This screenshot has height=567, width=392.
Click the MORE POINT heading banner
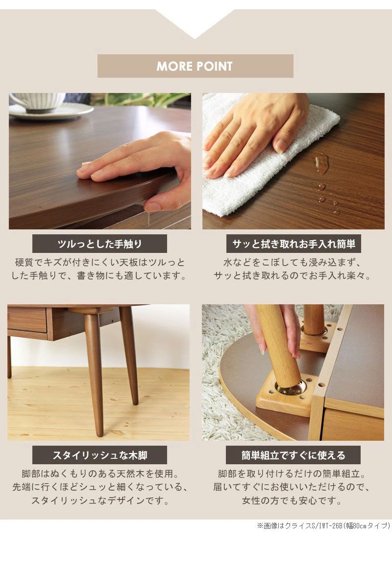[195, 66]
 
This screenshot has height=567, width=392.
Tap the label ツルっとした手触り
[99, 244]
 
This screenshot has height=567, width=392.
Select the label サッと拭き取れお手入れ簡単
[293, 244]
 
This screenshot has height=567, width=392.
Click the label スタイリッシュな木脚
[99, 455]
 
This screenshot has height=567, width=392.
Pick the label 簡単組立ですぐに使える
[293, 455]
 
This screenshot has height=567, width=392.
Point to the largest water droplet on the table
[322, 162]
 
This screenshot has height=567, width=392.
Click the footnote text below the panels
[323, 526]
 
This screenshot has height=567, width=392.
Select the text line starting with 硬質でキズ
[99, 263]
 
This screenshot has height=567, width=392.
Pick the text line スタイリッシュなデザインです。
[99, 500]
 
